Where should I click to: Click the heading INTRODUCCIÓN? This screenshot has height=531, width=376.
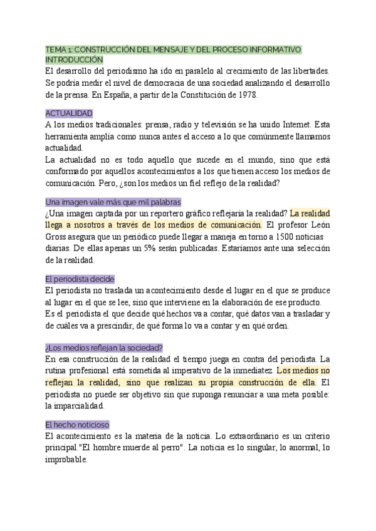tap(73, 59)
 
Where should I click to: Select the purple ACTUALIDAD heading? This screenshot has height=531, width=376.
tap(69, 113)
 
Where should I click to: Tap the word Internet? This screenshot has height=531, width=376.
tap(293, 125)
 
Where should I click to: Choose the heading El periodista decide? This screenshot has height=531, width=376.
tap(80, 279)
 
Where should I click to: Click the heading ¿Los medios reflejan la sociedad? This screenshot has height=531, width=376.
tap(104, 348)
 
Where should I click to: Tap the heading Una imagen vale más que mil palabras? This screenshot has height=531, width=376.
tap(113, 202)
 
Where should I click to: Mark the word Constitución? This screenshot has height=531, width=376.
tap(203, 95)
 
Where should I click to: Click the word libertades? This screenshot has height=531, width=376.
tap(308, 71)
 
